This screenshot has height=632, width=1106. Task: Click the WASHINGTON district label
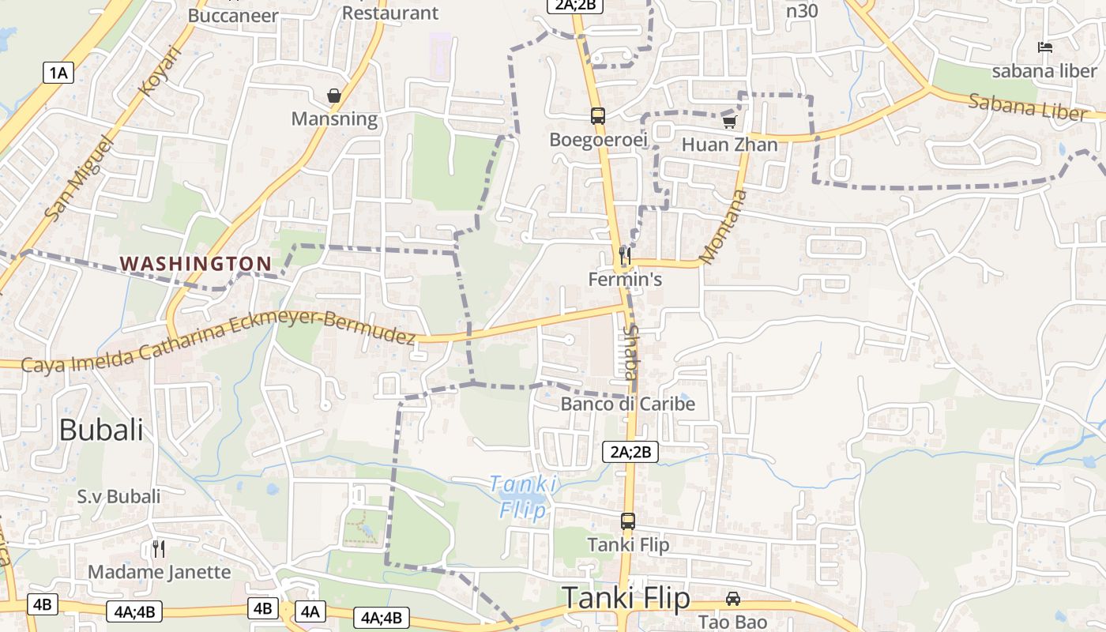tap(195, 263)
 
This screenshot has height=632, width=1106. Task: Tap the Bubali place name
tap(101, 431)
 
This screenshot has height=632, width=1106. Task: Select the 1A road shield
tap(58, 73)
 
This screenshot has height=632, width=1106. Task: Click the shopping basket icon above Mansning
tap(334, 96)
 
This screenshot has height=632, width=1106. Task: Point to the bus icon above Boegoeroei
tap(598, 115)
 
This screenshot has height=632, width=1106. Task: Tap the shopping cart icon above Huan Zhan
tap(729, 122)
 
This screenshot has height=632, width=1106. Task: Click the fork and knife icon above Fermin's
tap(625, 256)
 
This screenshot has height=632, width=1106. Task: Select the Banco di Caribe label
tap(628, 404)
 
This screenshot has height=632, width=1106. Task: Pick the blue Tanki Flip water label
tap(523, 497)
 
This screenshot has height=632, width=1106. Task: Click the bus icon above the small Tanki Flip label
tap(628, 521)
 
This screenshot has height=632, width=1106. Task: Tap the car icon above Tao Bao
tap(733, 598)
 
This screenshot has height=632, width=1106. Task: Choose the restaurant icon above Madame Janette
tap(159, 548)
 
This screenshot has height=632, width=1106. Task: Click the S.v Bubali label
tap(118, 497)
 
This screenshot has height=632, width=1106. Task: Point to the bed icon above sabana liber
tap(1045, 47)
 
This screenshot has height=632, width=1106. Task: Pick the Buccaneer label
tap(233, 15)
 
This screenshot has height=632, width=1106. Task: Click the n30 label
tap(802, 11)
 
